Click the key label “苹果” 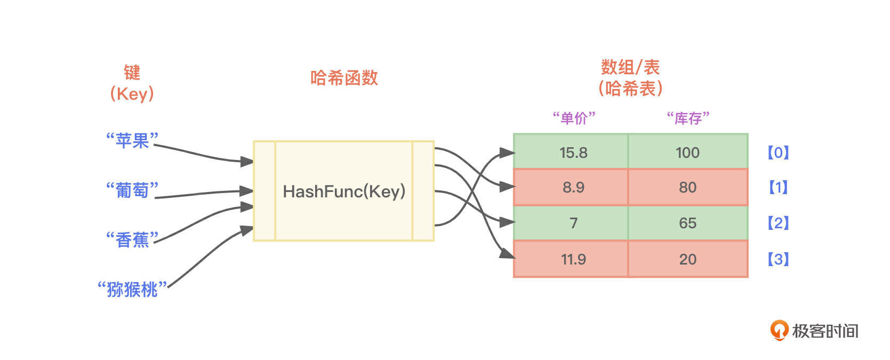click(132, 141)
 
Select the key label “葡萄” click(132, 190)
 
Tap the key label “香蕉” click(132, 239)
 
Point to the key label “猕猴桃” click(132, 289)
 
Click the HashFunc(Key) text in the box click(344, 191)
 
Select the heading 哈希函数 click(344, 78)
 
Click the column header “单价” click(574, 118)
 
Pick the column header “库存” click(688, 118)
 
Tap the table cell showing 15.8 click(573, 153)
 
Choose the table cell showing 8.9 click(573, 187)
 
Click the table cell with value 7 click(573, 223)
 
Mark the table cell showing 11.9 click(573, 259)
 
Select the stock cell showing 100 click(687, 153)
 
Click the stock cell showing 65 click(687, 223)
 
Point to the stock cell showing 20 click(687, 259)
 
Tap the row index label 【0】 click(778, 153)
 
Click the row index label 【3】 click(778, 259)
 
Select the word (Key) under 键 click(132, 94)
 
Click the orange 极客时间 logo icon click(779, 330)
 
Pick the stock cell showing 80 click(687, 187)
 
